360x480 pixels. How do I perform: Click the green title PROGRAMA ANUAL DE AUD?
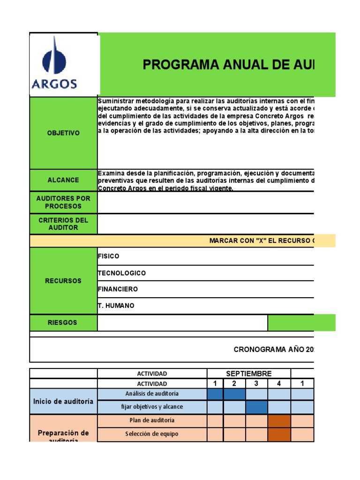click(229, 65)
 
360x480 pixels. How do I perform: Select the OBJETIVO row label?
click(63, 133)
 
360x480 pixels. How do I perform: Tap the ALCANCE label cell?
click(63, 180)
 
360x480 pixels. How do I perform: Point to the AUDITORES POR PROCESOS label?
click(63, 202)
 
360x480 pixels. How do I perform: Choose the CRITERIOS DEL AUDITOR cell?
click(63, 224)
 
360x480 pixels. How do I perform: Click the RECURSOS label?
click(63, 281)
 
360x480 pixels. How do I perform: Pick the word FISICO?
click(109, 256)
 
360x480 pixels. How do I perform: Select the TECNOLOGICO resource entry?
click(122, 273)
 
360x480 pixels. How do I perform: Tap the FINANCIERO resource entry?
click(118, 289)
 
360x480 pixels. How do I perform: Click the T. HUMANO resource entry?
click(116, 306)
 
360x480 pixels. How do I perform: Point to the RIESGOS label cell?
click(63, 322)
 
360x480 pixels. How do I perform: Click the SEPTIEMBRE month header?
click(249, 374)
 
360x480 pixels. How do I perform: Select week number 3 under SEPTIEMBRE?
click(256, 383)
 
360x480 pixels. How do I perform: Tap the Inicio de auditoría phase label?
click(63, 401)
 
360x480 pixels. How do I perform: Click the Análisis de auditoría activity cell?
click(152, 394)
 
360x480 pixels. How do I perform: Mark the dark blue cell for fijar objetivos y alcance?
click(256, 406)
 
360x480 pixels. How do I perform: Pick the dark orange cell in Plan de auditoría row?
click(279, 420)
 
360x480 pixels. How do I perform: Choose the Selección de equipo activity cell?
click(152, 434)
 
